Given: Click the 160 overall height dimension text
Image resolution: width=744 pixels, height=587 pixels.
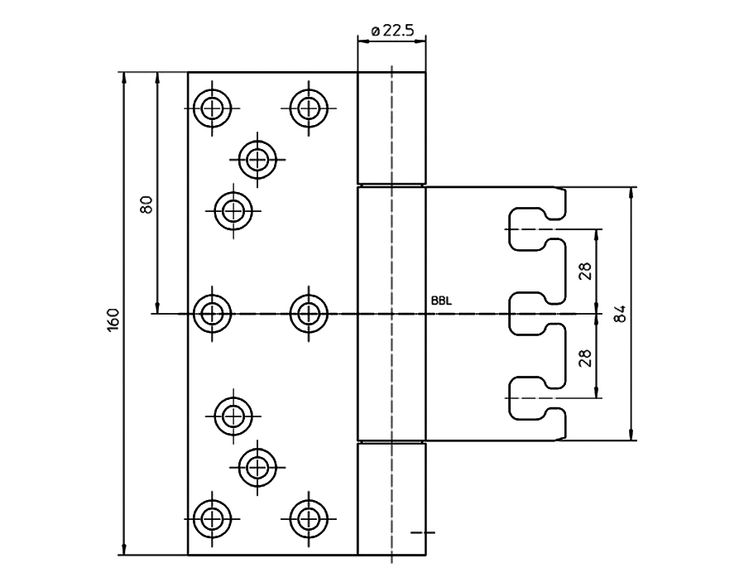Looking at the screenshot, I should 114,320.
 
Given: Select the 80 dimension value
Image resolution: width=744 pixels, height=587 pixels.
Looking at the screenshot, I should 147,204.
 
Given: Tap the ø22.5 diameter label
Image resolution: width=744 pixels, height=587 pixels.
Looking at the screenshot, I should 392,31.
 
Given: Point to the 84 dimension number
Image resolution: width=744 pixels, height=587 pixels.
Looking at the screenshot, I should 622,314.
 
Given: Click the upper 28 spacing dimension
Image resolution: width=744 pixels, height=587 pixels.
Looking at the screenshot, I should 585,272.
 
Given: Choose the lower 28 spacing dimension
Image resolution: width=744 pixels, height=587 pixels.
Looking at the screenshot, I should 585,357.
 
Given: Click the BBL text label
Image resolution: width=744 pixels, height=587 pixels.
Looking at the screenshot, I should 441,302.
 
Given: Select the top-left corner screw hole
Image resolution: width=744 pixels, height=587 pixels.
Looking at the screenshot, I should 212,107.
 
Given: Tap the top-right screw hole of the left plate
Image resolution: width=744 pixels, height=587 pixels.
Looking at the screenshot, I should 309,107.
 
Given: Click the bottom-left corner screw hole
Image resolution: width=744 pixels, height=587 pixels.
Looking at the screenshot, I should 212,518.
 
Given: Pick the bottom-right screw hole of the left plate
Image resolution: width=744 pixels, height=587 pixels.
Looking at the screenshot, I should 309,518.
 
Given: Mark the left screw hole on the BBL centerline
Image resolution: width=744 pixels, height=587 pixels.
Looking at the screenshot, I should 212,313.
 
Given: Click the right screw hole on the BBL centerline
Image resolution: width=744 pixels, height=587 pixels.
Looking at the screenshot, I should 309,313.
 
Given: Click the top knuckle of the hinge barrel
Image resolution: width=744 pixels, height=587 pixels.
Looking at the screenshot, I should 391,128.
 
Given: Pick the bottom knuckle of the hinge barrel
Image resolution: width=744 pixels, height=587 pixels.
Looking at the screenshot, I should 391,499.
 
